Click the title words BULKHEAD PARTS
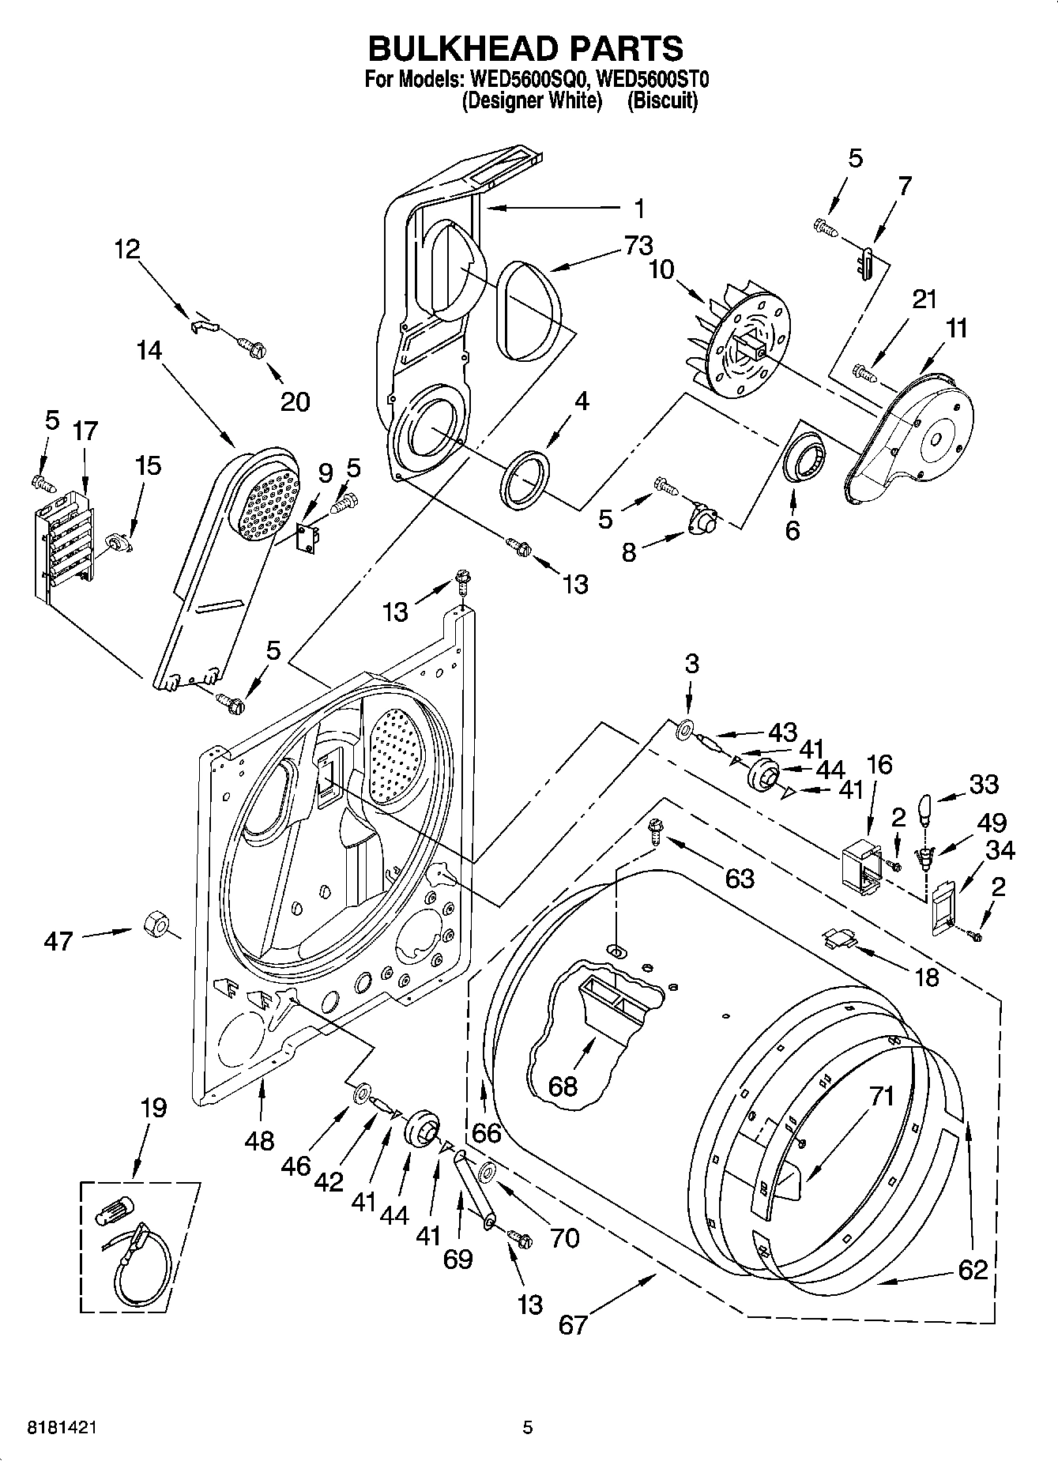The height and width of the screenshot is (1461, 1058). tap(525, 48)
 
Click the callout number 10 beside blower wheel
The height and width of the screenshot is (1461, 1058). tap(662, 269)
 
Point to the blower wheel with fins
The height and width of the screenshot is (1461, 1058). tap(735, 340)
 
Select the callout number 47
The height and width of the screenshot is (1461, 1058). tap(58, 940)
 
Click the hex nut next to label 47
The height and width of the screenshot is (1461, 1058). tap(155, 923)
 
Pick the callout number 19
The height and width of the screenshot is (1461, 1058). tap(153, 1108)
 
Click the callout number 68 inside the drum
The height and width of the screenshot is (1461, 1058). tap(563, 1086)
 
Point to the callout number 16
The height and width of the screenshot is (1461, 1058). tap(879, 764)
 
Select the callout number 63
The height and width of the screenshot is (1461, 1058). tap(739, 877)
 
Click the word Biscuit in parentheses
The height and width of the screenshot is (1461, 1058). tap(662, 101)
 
